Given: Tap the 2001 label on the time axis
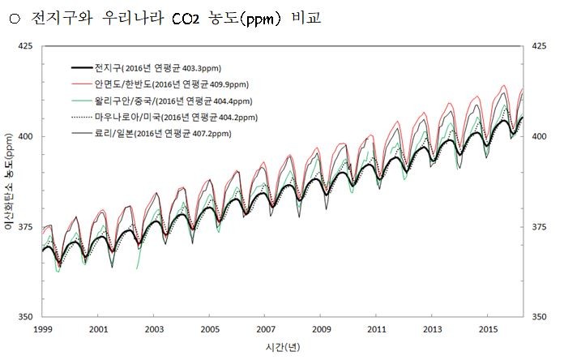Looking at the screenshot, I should coord(98,330).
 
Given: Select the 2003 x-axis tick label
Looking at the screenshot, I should coord(154,330).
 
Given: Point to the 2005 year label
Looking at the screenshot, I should coord(210,330).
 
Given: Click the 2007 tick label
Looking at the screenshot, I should coord(266,330).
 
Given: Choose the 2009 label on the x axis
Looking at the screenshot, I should coord(322,330).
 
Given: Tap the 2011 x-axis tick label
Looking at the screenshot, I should coord(377,330).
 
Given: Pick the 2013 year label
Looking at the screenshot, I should coord(433,330).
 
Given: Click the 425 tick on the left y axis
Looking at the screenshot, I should coord(27,46).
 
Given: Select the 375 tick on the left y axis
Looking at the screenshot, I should coord(27,226).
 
